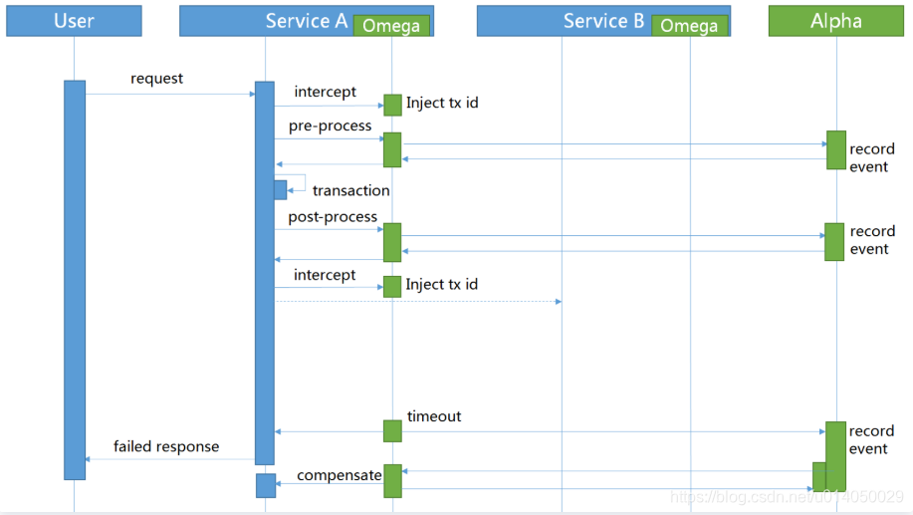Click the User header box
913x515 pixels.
74,21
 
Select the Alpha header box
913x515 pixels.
835,21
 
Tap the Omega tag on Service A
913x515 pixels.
391,26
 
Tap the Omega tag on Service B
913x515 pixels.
689,26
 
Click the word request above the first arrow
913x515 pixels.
156,79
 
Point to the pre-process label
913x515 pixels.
330,127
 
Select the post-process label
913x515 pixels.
333,217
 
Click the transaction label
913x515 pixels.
350,190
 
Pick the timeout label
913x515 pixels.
434,416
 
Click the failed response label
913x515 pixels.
165,446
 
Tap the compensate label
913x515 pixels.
339,475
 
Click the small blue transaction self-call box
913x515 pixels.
281,189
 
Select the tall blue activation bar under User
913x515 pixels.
75,279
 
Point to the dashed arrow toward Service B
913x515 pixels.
418,301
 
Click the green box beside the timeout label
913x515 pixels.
392,430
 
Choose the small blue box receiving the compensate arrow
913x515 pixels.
265,485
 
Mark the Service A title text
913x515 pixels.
306,21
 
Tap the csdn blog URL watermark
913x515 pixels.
787,496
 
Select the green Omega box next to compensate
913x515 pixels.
392,480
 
